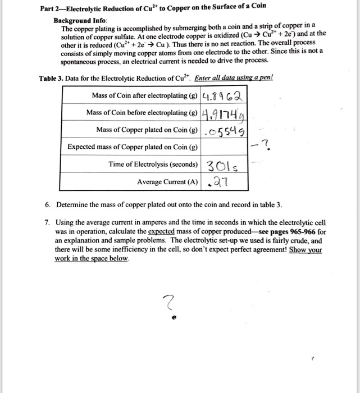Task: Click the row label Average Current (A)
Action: point(167,182)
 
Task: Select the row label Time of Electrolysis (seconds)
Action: point(153,164)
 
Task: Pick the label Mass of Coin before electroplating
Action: point(143,112)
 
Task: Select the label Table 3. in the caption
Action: point(51,78)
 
